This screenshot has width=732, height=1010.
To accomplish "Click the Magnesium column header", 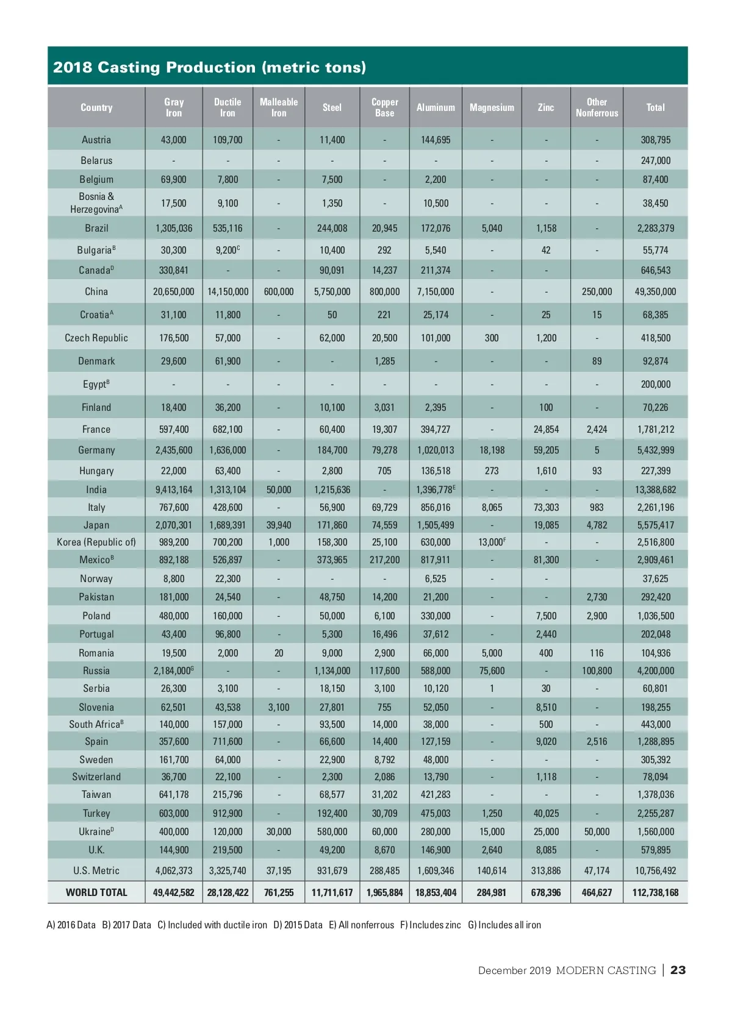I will (x=492, y=108).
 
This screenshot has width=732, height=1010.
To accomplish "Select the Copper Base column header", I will (x=384, y=108).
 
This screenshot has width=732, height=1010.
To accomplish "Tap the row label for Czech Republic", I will (x=96, y=338).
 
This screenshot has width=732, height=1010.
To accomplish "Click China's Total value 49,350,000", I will (x=655, y=292).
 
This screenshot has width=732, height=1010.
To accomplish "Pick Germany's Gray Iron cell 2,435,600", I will (x=174, y=450).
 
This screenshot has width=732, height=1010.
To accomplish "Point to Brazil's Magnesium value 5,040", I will (x=492, y=229).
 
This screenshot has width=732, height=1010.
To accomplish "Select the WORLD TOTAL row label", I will (x=96, y=893).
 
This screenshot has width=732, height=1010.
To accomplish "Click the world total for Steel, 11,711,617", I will (x=332, y=893).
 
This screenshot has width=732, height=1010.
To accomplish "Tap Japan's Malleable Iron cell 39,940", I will (x=279, y=525).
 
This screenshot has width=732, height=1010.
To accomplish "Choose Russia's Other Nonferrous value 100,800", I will (x=597, y=671).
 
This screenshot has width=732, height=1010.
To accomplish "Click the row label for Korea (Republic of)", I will (x=96, y=542).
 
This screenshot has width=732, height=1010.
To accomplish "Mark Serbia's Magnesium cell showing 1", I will (x=492, y=689).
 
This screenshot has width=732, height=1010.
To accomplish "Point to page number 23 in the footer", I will (x=678, y=970).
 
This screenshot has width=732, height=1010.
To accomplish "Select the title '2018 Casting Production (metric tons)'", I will (x=209, y=68).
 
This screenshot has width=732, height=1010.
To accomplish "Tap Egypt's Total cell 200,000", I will (x=655, y=385).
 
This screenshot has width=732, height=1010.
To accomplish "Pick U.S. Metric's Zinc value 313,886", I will (x=546, y=871).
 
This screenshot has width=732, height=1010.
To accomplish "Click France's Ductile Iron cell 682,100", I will (x=228, y=430).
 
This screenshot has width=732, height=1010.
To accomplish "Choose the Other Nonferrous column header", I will (x=597, y=108).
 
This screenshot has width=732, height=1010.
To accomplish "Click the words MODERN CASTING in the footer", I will (x=606, y=970).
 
